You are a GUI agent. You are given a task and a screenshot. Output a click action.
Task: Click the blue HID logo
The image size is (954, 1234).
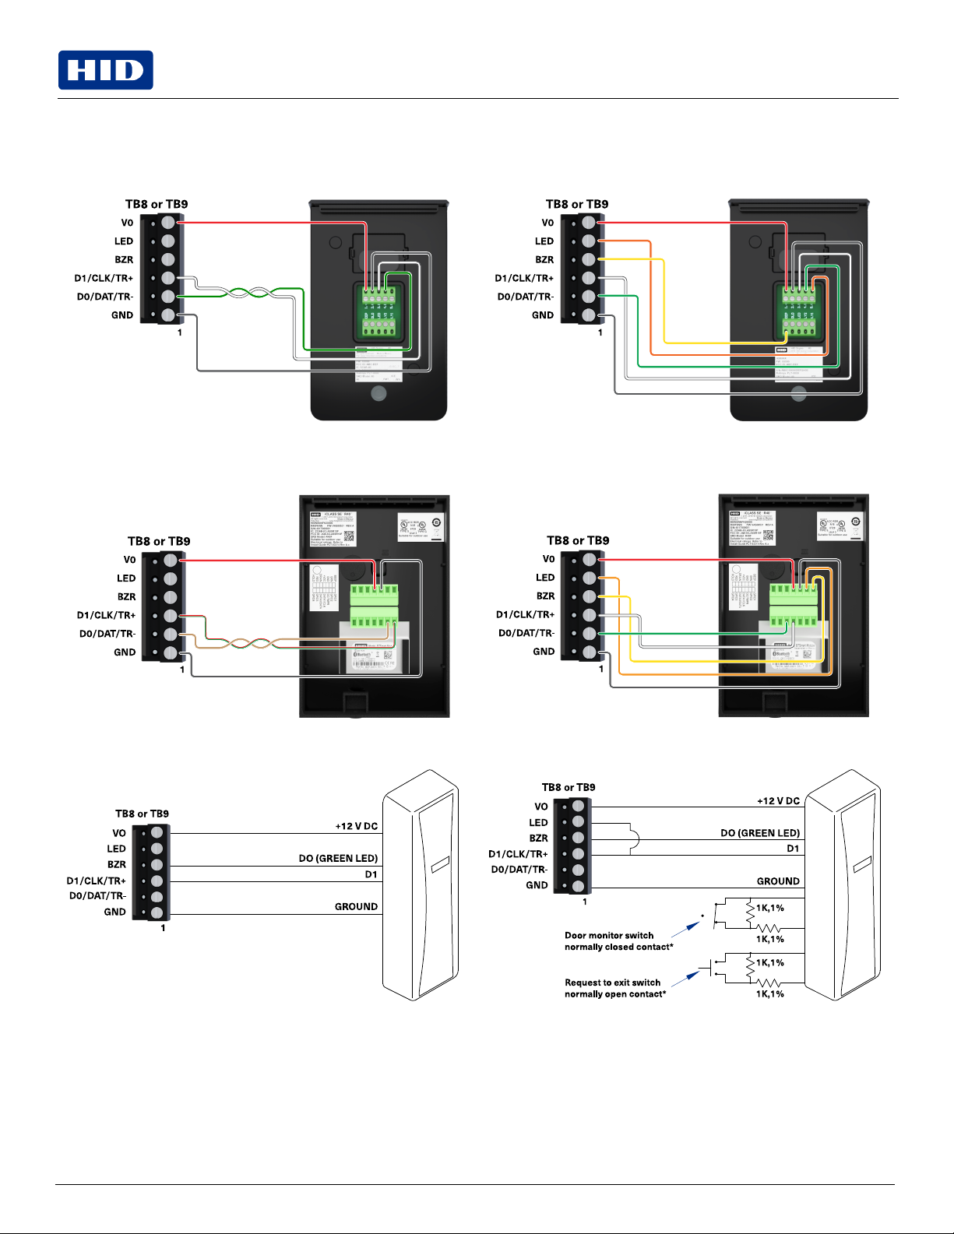[105, 70]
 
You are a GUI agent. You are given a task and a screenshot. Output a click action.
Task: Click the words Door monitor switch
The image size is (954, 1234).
[609, 935]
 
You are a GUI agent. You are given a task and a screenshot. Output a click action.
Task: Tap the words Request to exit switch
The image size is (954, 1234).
[612, 983]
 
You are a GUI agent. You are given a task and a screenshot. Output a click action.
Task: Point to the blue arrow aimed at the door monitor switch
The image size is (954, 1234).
[686, 928]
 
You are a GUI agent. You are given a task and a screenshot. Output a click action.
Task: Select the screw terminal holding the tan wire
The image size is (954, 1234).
[171, 635]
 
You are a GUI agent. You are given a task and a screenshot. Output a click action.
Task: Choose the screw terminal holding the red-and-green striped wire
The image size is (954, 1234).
[171, 616]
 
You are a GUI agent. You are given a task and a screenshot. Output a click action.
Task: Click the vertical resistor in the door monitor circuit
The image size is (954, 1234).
[750, 909]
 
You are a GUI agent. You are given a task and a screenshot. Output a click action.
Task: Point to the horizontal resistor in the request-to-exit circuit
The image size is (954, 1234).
[769, 983]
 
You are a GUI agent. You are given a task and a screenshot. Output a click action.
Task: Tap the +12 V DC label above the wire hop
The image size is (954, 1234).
[778, 800]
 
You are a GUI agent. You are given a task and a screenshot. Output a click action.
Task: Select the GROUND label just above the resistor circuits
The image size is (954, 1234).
[778, 881]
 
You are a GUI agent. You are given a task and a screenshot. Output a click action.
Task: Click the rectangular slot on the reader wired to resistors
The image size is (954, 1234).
[861, 864]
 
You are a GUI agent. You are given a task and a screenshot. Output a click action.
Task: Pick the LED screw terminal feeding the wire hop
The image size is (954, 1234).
[578, 822]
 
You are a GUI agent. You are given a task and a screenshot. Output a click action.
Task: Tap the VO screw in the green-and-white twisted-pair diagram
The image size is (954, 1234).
[168, 223]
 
